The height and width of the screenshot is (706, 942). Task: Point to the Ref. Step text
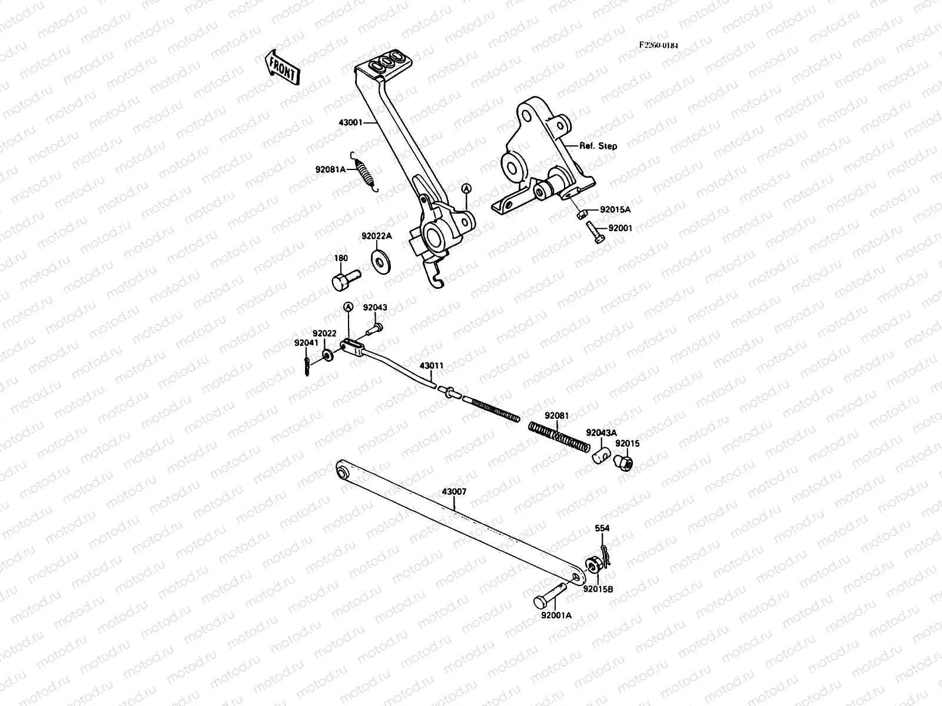598,146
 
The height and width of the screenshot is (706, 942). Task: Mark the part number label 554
602,528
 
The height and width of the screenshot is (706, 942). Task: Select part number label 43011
431,365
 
